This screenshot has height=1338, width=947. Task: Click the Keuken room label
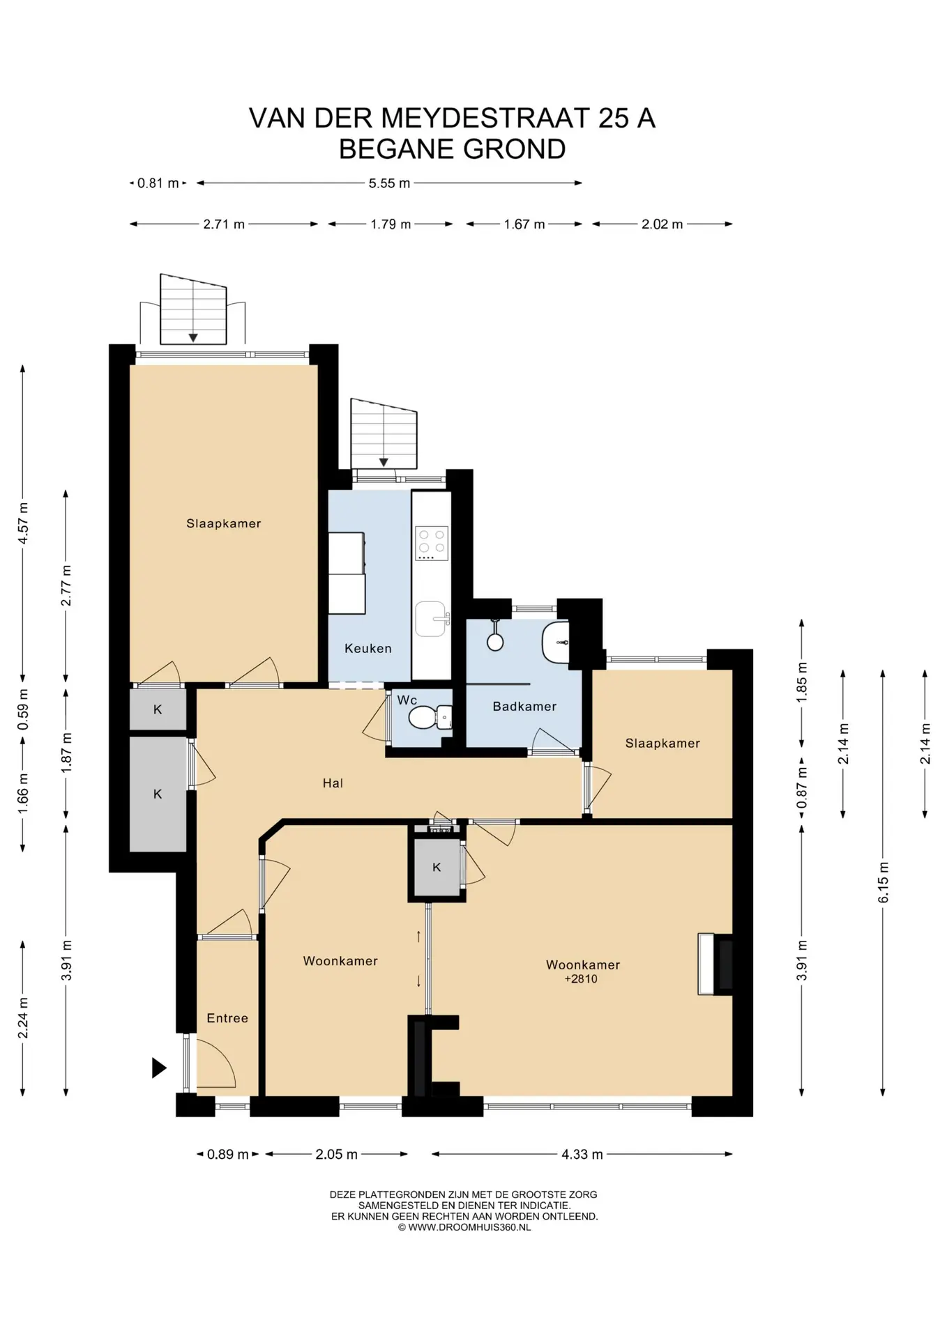[368, 648]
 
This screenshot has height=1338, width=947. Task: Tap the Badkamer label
[524, 706]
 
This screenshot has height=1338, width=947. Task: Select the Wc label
[407, 700]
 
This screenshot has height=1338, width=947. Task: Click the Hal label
[333, 783]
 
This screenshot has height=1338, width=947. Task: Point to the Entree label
[227, 1017]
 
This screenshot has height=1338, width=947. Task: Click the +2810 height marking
[581, 978]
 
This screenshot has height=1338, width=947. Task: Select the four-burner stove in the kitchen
[432, 544]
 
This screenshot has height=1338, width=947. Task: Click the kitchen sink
[432, 618]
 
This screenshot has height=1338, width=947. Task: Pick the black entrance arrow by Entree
[159, 1068]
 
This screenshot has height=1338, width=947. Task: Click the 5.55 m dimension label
[389, 183]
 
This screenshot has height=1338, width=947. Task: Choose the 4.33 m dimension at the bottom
[582, 1154]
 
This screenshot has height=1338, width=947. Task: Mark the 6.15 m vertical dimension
[883, 882]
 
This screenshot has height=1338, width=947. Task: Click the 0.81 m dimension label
[158, 183]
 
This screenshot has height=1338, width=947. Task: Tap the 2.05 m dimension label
[336, 1154]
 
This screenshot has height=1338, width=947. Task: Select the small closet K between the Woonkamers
[437, 867]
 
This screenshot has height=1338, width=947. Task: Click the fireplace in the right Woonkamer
[715, 964]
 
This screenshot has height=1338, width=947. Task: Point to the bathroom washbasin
[556, 643]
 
